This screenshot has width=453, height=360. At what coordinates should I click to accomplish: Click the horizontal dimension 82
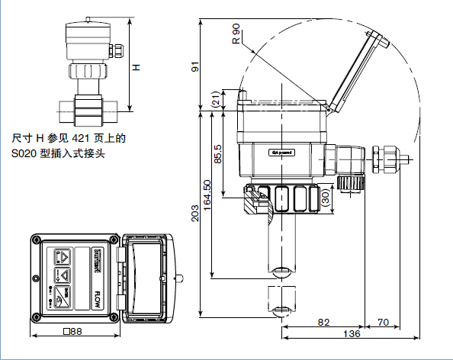pyautogui.click(x=323, y=323)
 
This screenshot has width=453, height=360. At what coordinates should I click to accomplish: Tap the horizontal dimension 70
pyautogui.click(x=384, y=323)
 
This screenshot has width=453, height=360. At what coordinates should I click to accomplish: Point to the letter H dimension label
pyautogui.click(x=137, y=67)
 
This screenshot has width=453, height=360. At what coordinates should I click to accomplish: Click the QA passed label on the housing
pyautogui.click(x=281, y=152)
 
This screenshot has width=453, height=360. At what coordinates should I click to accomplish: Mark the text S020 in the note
pyautogui.click(x=24, y=153)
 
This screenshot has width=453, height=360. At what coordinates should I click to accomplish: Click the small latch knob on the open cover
pyautogui.click(x=183, y=278)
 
